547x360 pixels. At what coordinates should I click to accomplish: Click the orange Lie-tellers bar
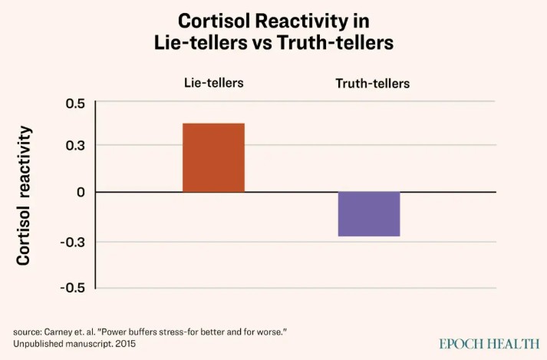(213, 157)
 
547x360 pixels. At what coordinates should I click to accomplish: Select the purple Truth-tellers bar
(368, 213)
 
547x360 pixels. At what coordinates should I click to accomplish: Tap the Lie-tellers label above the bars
(213, 82)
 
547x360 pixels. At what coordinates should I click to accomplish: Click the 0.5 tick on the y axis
(75, 103)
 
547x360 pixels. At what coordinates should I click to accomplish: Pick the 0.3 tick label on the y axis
(75, 146)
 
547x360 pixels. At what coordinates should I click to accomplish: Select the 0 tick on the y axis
(81, 192)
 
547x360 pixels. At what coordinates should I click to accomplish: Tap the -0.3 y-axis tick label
(73, 243)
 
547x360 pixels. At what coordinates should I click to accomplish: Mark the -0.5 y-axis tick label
(73, 288)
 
